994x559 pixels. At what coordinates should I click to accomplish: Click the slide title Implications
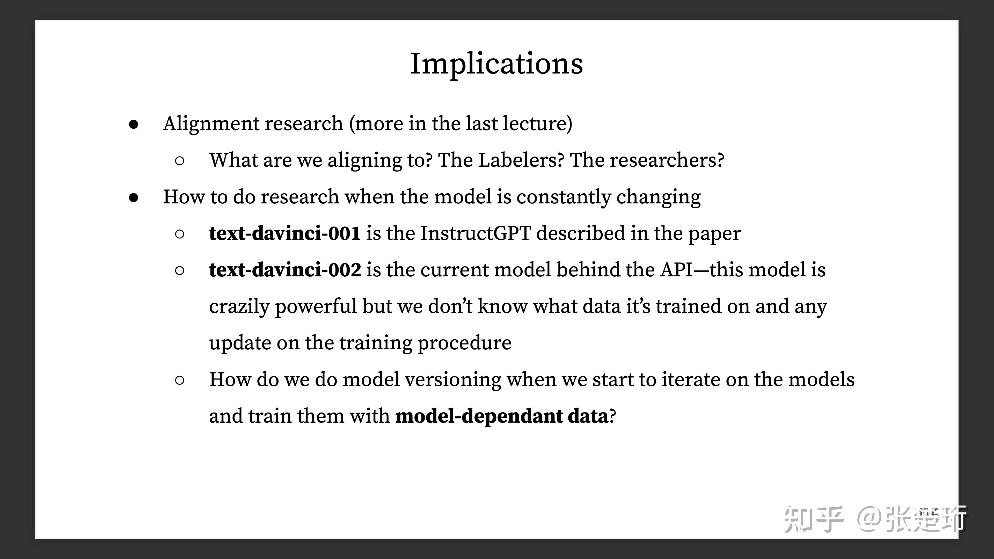tap(497, 64)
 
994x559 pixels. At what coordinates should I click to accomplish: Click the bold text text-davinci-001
tap(285, 233)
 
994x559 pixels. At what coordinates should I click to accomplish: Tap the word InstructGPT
tap(476, 233)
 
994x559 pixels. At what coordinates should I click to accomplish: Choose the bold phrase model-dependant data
tap(502, 416)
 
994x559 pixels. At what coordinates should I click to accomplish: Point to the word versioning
tap(453, 380)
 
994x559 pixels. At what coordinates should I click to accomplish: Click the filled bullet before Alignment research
tap(134, 124)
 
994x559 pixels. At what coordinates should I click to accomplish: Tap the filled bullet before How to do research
tap(134, 197)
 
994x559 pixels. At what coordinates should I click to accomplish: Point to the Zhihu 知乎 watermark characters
tap(813, 519)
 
